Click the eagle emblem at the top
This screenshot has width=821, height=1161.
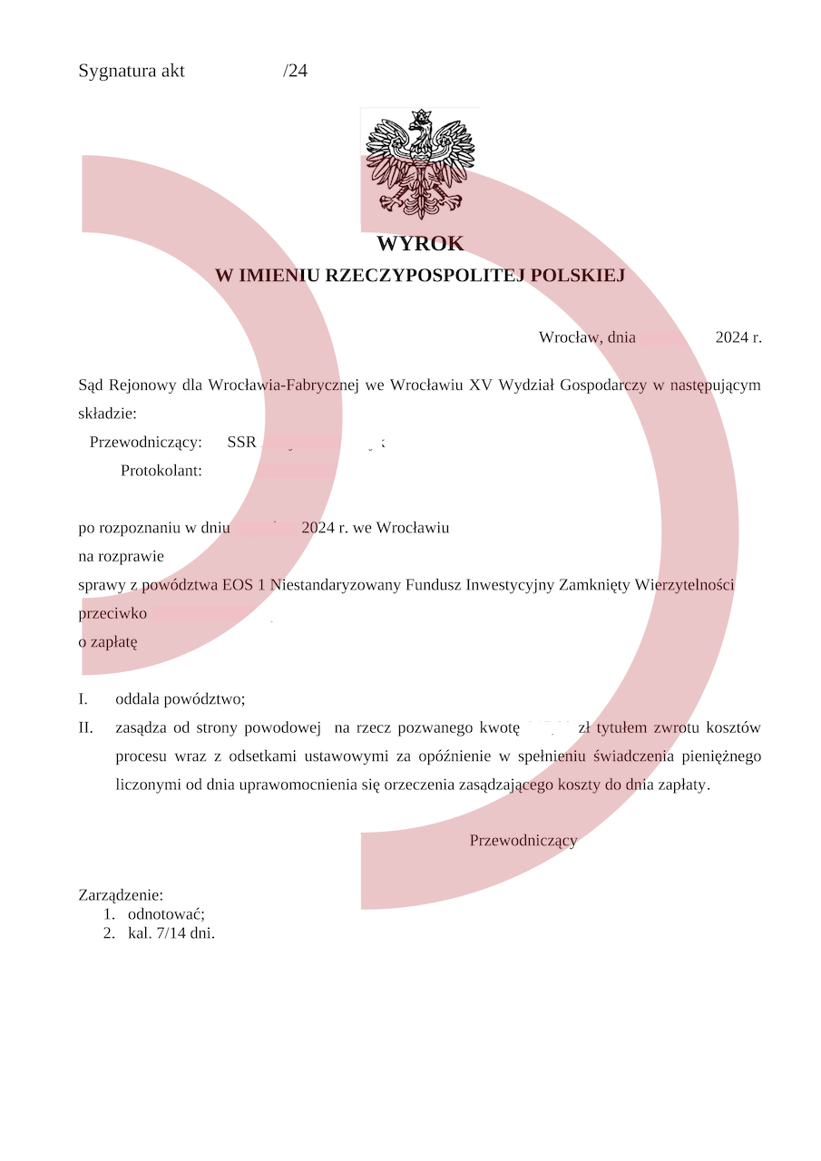[x=420, y=163]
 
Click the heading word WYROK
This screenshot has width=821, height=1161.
[x=420, y=244]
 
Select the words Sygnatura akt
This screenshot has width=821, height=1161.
[x=132, y=71]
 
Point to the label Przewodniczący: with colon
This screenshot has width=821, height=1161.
[x=146, y=443]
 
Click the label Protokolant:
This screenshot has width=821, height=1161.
[x=161, y=471]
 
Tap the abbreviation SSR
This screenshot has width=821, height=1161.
[x=241, y=443]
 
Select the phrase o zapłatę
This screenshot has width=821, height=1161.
[x=108, y=642]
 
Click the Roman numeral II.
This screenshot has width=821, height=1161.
[x=86, y=727]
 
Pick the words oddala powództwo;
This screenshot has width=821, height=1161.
[x=181, y=699]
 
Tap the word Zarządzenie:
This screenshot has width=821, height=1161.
[x=121, y=896]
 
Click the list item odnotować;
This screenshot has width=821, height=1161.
[x=166, y=914]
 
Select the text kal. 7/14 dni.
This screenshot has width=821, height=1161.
[x=171, y=932]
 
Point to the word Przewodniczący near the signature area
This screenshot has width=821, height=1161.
[x=523, y=841]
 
